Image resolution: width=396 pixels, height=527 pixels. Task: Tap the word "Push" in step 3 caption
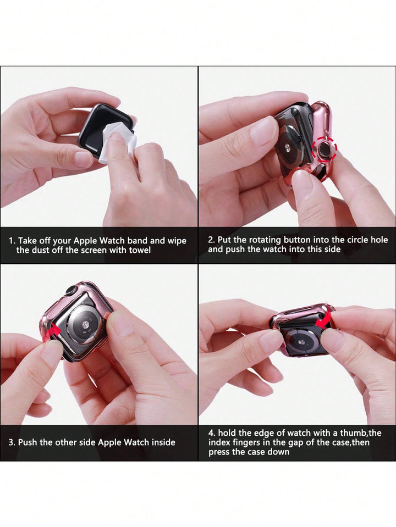(28, 442)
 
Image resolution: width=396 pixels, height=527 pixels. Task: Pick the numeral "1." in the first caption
(12, 241)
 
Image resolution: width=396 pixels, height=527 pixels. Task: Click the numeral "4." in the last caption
(212, 433)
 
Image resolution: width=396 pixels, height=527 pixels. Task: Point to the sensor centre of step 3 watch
(85, 325)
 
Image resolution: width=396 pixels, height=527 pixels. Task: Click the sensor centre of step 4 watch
(301, 342)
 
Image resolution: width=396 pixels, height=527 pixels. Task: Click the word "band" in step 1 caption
(137, 241)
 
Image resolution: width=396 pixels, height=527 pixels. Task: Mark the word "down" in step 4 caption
(278, 452)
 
